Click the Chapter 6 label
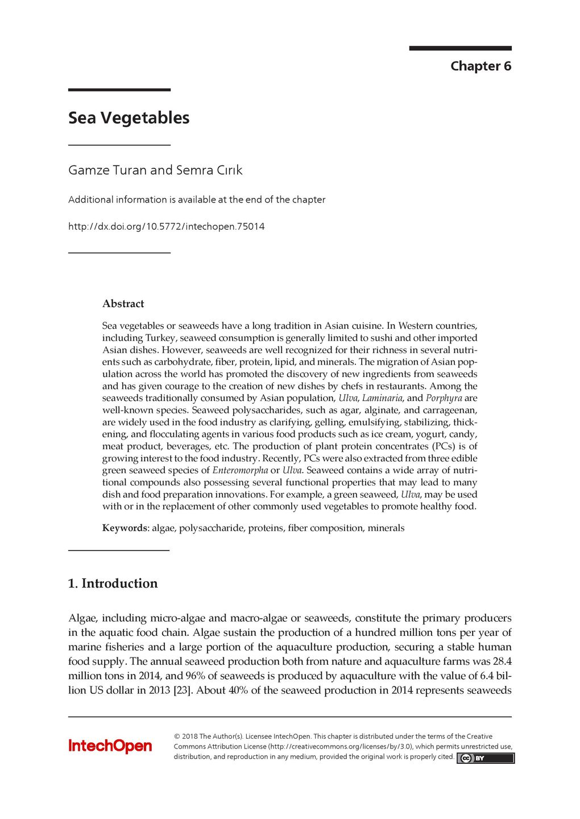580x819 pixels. coord(480,66)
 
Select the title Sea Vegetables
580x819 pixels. coord(129,118)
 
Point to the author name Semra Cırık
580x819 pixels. coord(209,170)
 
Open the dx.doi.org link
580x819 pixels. coord(166,226)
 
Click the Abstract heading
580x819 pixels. coord(123,304)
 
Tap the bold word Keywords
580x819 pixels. coord(125,528)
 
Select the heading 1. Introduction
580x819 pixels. coord(113,584)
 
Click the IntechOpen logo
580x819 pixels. coord(110,746)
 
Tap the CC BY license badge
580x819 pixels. coord(485,758)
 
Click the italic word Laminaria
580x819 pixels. coord(382,398)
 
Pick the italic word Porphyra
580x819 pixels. coord(444,398)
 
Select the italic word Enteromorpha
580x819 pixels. coord(240,470)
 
